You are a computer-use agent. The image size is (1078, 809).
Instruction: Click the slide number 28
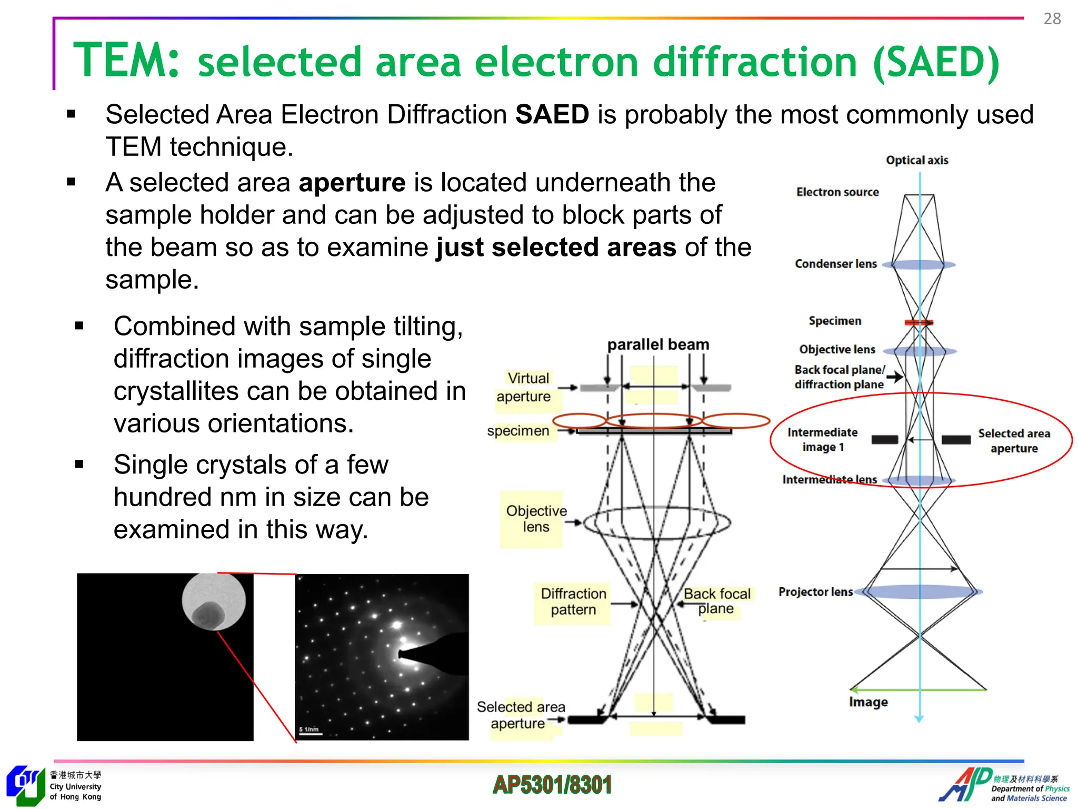[1052, 19]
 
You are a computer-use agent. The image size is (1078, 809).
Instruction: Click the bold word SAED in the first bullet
[552, 114]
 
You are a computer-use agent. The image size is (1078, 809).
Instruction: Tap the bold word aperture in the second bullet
[352, 183]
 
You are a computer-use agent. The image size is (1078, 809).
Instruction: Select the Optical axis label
[916, 160]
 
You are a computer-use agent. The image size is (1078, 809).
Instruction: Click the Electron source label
[837, 192]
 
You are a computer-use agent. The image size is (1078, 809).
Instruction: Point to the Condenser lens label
[835, 264]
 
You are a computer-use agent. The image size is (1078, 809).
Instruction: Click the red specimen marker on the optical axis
[919, 322]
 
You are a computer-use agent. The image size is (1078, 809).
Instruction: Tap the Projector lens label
[815, 592]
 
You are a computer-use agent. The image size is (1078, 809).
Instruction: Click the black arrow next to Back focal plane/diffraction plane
[894, 377]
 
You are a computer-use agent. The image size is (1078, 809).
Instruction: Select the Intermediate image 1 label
[822, 440]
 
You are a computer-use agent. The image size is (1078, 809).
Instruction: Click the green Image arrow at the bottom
[918, 689]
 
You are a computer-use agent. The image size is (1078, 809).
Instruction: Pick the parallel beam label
[658, 344]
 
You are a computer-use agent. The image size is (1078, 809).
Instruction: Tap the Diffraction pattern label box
[573, 602]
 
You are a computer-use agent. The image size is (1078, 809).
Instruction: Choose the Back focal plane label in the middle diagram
[716, 601]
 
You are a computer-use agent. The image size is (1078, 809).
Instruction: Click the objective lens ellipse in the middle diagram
[656, 523]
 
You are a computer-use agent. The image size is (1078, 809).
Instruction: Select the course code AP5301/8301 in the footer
[552, 785]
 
